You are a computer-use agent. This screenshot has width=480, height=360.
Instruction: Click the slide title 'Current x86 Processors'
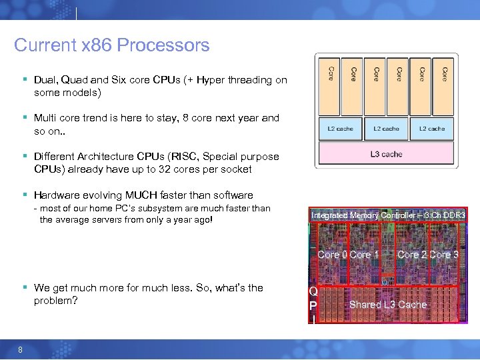[x=111, y=45]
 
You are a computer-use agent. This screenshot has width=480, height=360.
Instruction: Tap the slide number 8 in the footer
[x=21, y=351]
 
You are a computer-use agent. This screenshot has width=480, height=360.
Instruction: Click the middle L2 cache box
[x=386, y=128]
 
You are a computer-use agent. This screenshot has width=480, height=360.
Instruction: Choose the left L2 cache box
[x=340, y=128]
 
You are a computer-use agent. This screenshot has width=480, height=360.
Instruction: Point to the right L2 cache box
[x=432, y=128]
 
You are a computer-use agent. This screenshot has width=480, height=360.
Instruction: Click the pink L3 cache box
[x=386, y=154]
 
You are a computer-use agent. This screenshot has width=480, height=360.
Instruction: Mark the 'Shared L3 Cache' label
[x=388, y=305]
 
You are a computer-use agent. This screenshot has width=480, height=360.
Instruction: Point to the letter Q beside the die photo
[x=313, y=291]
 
